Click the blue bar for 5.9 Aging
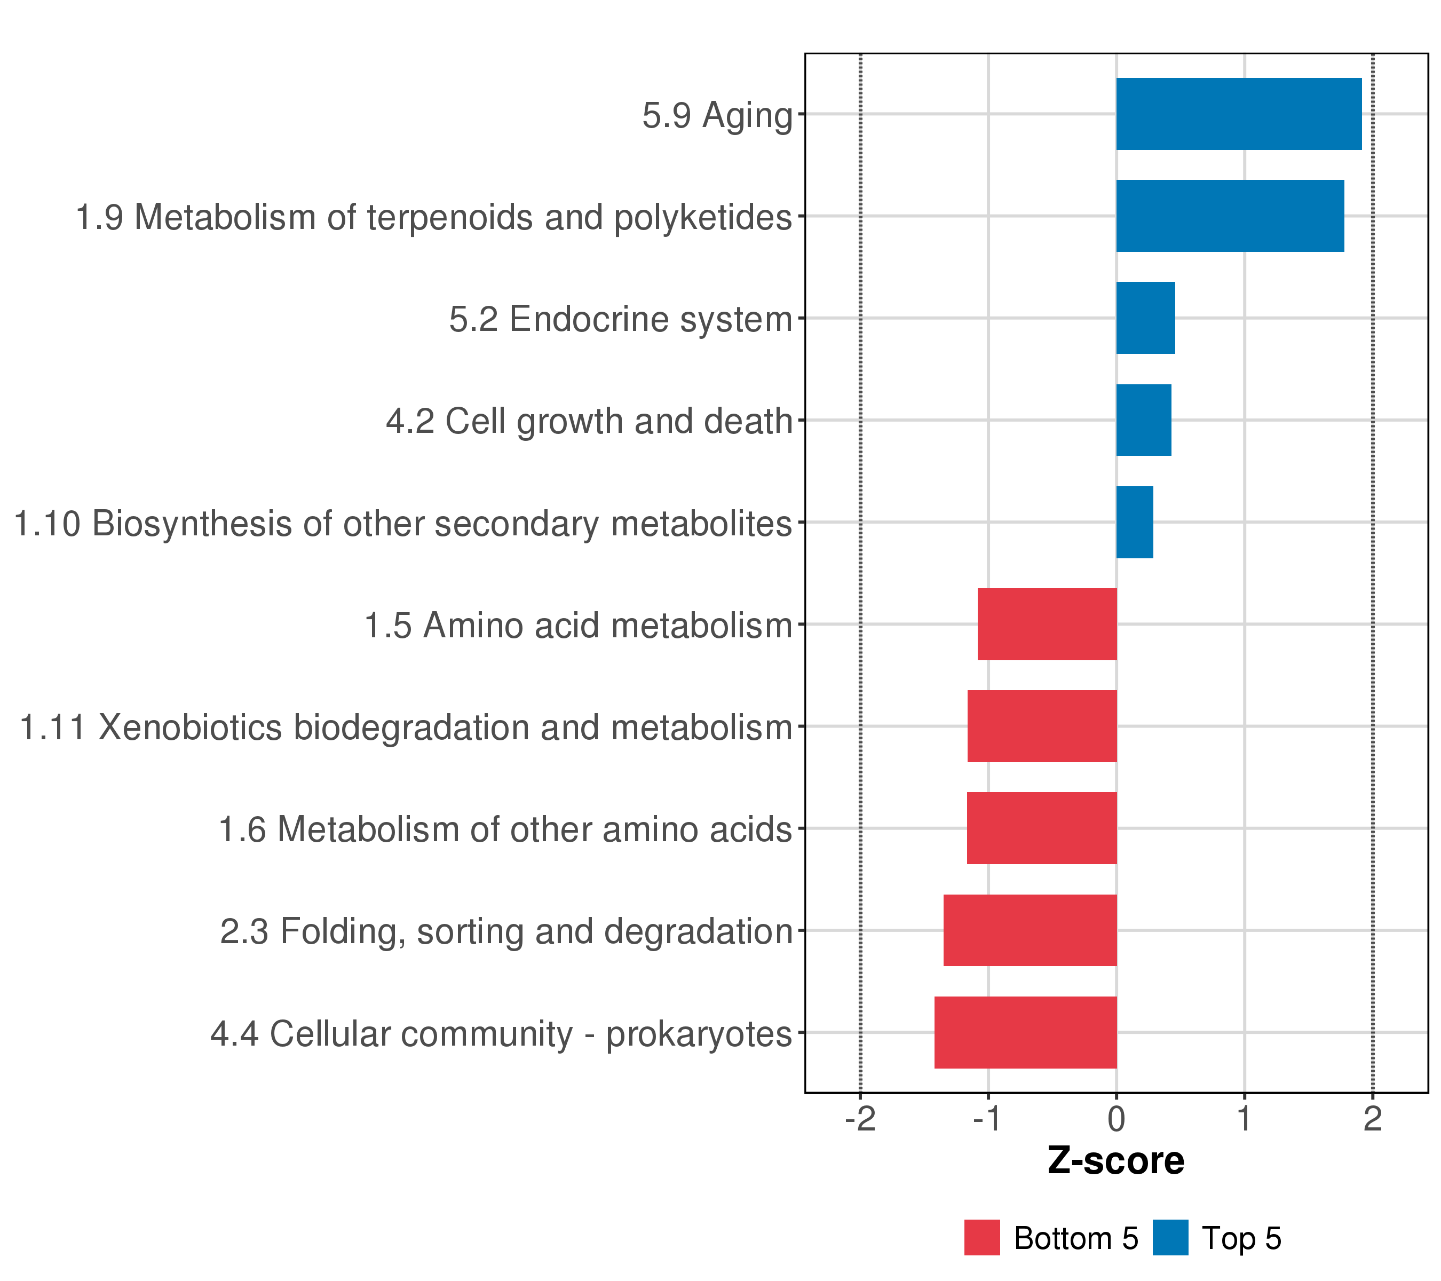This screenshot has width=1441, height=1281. coord(1238,114)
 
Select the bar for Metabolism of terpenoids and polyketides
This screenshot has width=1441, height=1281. coord(1230,216)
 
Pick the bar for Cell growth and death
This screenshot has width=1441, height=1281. coord(1144,420)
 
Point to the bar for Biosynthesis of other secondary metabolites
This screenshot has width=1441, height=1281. coord(1134,523)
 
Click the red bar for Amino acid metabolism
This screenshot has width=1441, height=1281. coord(1047,624)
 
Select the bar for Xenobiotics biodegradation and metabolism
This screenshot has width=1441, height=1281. coord(1042,726)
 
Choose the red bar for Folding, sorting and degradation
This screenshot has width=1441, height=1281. coord(1030,931)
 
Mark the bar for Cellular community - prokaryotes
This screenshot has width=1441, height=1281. coord(1025,1033)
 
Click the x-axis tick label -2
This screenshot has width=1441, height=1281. coord(860,1120)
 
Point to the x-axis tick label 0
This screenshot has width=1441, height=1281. coord(1116,1120)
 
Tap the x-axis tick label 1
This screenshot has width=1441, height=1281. coord(1244,1120)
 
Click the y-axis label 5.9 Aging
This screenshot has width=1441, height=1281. coord(717,116)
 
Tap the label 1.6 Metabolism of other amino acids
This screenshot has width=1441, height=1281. coord(505,830)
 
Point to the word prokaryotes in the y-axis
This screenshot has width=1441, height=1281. coord(699,1035)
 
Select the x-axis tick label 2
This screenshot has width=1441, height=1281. coord(1373,1120)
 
